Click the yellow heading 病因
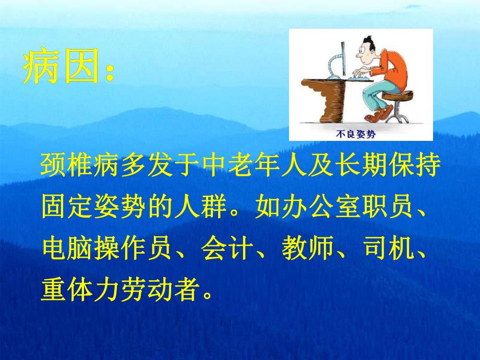(x=61, y=69)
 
